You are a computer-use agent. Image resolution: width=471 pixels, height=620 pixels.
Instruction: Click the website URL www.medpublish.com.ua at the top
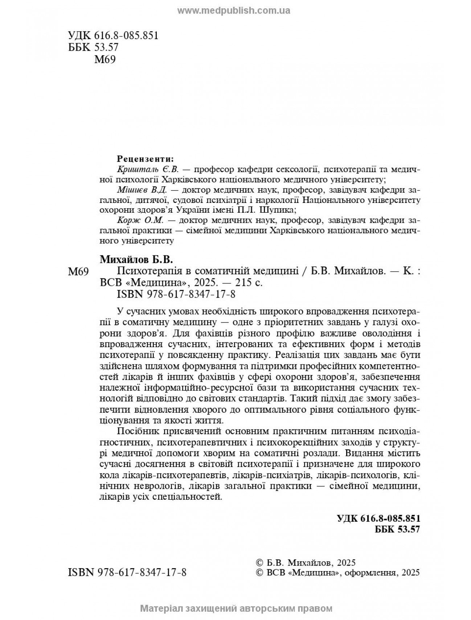pyautogui.click(x=234, y=11)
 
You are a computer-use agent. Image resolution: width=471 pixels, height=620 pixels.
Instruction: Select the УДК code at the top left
pyautogui.click(x=113, y=36)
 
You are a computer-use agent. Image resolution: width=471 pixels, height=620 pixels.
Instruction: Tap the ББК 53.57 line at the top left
pyautogui.click(x=93, y=47)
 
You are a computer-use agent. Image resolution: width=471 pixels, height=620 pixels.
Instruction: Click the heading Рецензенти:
pyautogui.click(x=145, y=159)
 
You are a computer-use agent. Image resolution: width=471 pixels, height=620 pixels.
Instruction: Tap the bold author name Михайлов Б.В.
pyautogui.click(x=136, y=260)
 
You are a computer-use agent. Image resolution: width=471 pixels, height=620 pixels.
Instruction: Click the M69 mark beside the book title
pyautogui.click(x=78, y=272)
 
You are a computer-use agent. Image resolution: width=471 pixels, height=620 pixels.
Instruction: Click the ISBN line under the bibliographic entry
pyautogui.click(x=176, y=294)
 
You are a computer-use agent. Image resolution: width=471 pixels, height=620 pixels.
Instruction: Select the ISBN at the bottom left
pyautogui.click(x=127, y=573)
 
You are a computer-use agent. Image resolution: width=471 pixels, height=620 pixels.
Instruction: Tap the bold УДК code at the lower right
pyautogui.click(x=378, y=518)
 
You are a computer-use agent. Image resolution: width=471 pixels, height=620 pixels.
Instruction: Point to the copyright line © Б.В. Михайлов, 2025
pyautogui.click(x=306, y=563)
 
